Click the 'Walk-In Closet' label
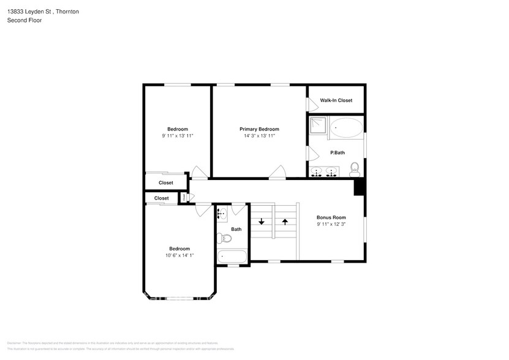[336, 100]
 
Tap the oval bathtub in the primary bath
[346, 129]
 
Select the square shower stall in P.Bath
[317, 125]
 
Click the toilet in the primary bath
[354, 168]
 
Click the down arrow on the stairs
[262, 220]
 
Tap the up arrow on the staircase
[285, 220]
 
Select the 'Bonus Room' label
[331, 217]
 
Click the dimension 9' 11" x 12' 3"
[331, 225]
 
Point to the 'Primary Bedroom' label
[259, 129]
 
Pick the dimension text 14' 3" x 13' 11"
[259, 136]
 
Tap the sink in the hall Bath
[222, 213]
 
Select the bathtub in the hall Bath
[232, 257]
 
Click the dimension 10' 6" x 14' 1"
[178, 255]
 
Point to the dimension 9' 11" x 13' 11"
[178, 136]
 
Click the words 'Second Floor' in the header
[20, 20]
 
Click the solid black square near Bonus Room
[360, 187]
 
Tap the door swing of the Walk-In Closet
[309, 103]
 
